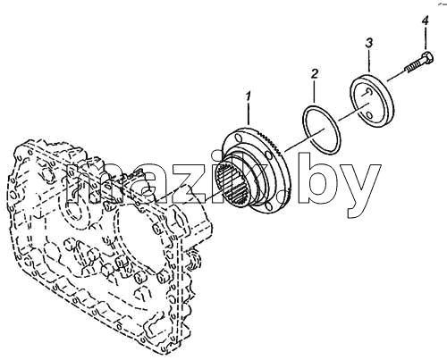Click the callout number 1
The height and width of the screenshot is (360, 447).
click(x=249, y=97)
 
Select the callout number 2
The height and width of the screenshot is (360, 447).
click(x=315, y=74)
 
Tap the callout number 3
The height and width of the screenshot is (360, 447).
click(x=369, y=43)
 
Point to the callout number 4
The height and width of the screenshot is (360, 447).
click(x=426, y=21)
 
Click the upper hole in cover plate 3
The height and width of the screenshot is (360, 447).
click(x=368, y=92)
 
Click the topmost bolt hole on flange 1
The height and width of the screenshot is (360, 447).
click(x=237, y=138)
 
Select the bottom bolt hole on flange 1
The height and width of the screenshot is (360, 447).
click(x=269, y=206)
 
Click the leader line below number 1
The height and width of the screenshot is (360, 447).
click(x=248, y=114)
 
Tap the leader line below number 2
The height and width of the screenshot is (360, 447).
click(x=314, y=92)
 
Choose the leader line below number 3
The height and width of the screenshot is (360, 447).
click(x=369, y=60)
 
